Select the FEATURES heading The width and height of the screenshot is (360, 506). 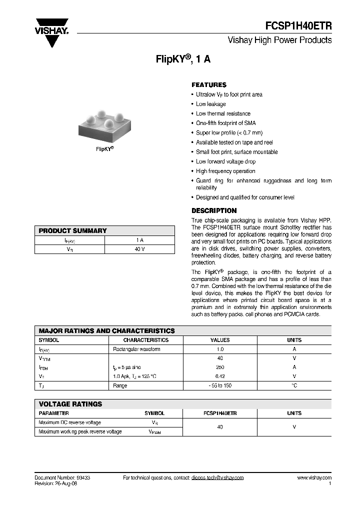[x=209, y=85]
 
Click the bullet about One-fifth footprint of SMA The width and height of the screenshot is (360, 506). [x=225, y=123]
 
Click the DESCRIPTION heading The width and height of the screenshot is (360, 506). [x=214, y=210]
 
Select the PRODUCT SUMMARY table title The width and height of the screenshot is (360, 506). [x=72, y=230]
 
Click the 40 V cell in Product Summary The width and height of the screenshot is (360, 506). [x=139, y=249]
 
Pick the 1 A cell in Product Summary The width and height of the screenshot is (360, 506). [x=139, y=240]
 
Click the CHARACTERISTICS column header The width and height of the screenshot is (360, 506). [x=146, y=340]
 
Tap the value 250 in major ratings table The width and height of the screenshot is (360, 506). [x=220, y=367]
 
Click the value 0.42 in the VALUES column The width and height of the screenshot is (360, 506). [x=220, y=376]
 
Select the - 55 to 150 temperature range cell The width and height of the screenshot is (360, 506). [x=220, y=385]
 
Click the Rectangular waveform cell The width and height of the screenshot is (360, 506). [x=136, y=349]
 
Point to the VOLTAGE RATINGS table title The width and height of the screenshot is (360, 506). [x=70, y=404]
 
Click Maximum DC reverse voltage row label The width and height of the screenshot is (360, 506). [x=69, y=422]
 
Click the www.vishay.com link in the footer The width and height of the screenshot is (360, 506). [x=314, y=477]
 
